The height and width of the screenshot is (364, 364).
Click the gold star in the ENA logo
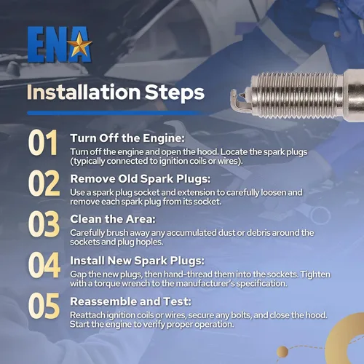tap(79, 45)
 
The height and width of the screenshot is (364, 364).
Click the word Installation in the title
tap(84, 92)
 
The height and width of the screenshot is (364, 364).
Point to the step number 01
tap(43, 143)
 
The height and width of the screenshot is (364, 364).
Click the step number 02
tap(44, 183)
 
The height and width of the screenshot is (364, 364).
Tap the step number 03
tap(44, 223)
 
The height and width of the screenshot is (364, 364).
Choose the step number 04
tap(44, 264)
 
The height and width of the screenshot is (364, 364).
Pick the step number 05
tap(44, 306)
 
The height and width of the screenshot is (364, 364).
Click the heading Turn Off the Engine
tap(127, 138)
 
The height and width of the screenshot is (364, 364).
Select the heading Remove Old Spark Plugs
tap(141, 179)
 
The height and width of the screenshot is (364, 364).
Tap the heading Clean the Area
tap(113, 219)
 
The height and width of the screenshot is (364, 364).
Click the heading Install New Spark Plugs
tap(138, 261)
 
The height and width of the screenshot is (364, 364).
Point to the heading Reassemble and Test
tap(130, 301)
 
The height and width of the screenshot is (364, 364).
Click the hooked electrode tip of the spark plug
tap(237, 100)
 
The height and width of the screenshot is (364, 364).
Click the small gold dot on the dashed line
tap(282, 352)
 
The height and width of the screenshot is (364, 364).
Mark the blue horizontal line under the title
tap(116, 113)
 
